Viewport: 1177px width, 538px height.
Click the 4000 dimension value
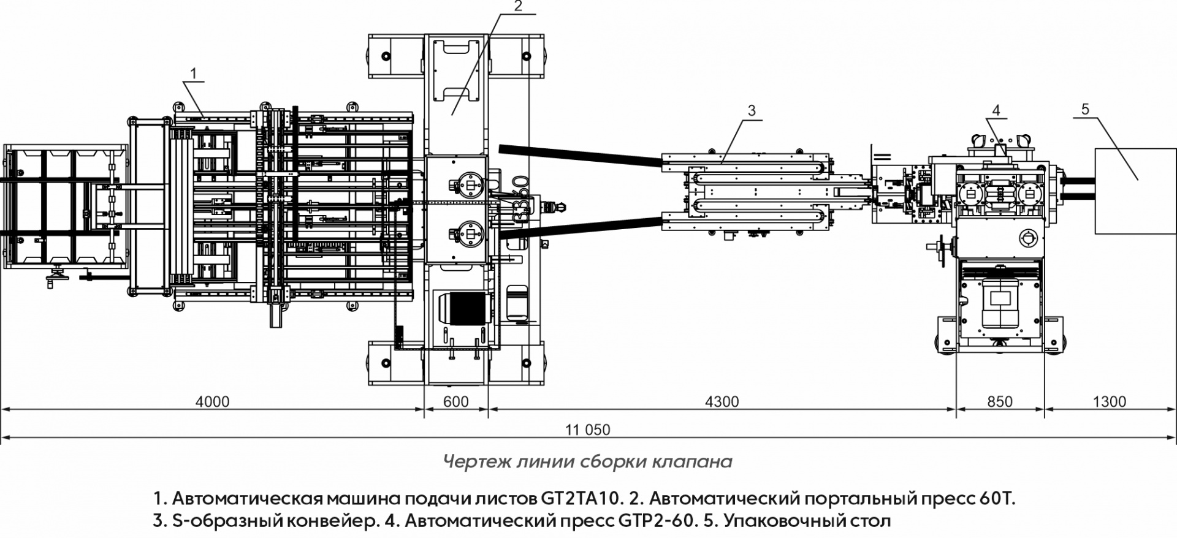point(212,402)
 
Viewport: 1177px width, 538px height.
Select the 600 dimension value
point(455,402)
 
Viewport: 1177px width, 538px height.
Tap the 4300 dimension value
point(722,402)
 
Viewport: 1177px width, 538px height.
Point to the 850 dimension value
point(1000,402)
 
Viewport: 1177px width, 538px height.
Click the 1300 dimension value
point(1110,402)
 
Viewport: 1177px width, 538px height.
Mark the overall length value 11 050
point(588,430)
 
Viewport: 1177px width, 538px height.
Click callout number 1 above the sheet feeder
point(193,74)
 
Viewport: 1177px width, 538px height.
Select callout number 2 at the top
point(518,7)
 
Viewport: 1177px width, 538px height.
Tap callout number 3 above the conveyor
point(752,111)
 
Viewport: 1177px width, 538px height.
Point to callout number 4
point(996,110)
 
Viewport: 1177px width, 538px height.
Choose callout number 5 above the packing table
point(1085,110)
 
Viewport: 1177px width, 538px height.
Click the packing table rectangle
point(1135,191)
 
